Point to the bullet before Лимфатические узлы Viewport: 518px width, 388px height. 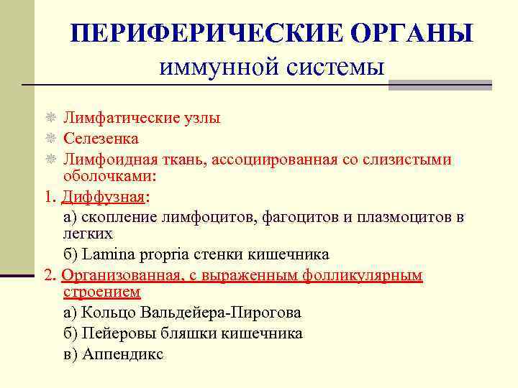pyautogui.click(x=50, y=118)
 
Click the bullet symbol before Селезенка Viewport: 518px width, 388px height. pyautogui.click(x=50, y=138)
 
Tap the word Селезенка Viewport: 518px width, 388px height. pyautogui.click(x=101, y=138)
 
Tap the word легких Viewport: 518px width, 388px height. pyautogui.click(x=88, y=234)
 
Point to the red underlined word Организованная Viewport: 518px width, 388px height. pyautogui.click(x=119, y=275)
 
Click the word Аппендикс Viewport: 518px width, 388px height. pyautogui.click(x=123, y=354)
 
